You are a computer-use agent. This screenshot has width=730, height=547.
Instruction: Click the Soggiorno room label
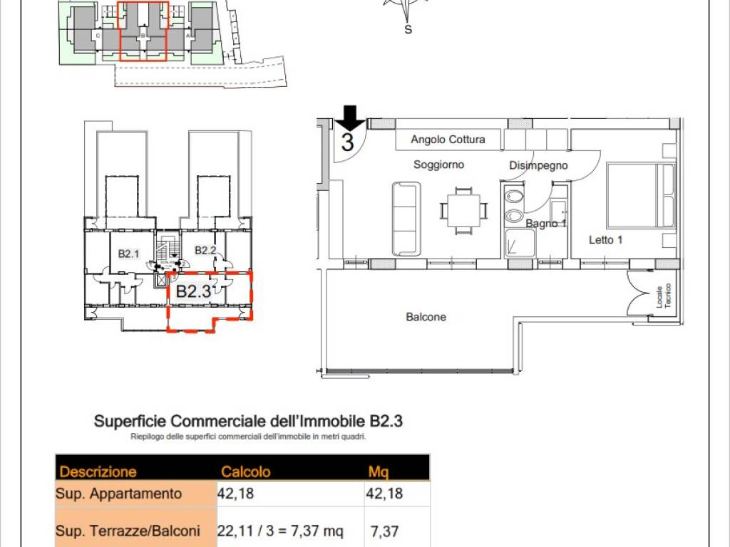pyautogui.click(x=439, y=165)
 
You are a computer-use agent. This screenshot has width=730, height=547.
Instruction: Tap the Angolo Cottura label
pyautogui.click(x=448, y=140)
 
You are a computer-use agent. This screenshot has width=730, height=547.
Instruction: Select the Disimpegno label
pyautogui.click(x=538, y=165)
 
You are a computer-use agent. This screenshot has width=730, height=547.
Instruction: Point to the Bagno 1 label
pyautogui.click(x=546, y=224)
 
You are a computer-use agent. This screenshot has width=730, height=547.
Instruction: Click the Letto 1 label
pyautogui.click(x=605, y=240)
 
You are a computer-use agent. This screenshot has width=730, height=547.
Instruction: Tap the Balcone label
pyautogui.click(x=426, y=317)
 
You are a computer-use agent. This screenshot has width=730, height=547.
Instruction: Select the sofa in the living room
pyautogui.click(x=406, y=219)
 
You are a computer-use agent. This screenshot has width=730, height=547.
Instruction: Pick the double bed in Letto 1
pyautogui.click(x=639, y=196)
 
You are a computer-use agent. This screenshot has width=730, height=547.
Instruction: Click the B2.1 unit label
pyautogui.click(x=128, y=253)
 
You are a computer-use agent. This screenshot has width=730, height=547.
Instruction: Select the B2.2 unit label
pyautogui.click(x=205, y=250)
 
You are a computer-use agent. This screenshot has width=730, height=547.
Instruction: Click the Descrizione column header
pyautogui.click(x=98, y=472)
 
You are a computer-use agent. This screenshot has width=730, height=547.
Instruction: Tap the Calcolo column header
pyautogui.click(x=246, y=472)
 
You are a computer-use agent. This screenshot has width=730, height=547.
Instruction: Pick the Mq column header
pyautogui.click(x=378, y=472)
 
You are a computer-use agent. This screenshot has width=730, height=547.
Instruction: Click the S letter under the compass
pyautogui.click(x=408, y=30)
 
